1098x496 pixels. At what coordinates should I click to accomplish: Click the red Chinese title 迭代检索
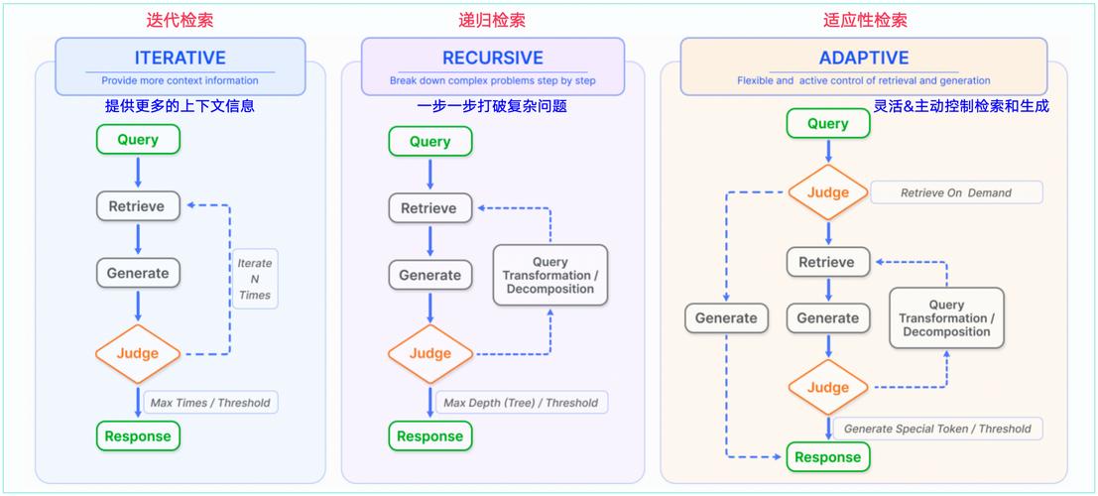coord(180,20)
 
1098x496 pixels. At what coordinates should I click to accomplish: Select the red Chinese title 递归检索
coord(492,20)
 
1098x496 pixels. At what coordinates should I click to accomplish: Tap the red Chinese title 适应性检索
coord(865,20)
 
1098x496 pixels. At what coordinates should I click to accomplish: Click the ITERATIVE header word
coord(180,58)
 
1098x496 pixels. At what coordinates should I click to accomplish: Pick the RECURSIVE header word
coord(492,58)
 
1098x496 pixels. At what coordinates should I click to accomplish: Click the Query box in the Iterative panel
coord(138,140)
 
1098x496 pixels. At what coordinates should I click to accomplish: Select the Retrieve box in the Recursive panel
coord(428,208)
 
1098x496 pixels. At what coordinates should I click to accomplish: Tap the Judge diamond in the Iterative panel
coord(138,353)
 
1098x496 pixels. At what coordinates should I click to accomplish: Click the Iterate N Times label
coord(255,279)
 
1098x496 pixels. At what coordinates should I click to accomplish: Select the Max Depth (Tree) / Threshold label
coord(520,403)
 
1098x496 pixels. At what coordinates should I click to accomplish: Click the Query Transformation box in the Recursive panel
coord(549,275)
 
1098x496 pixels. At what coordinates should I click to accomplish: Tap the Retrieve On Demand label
coord(955,192)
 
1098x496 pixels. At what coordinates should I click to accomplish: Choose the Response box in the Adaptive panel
coord(828,457)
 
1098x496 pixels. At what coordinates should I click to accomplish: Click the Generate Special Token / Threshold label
coord(936,429)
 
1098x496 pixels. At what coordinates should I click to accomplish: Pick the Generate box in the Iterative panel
coord(138,273)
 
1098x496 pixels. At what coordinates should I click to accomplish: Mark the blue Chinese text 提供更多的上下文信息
coord(180,105)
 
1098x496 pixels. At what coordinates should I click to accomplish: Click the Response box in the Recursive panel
coord(429,436)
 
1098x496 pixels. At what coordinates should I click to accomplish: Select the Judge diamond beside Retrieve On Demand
coord(828,192)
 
